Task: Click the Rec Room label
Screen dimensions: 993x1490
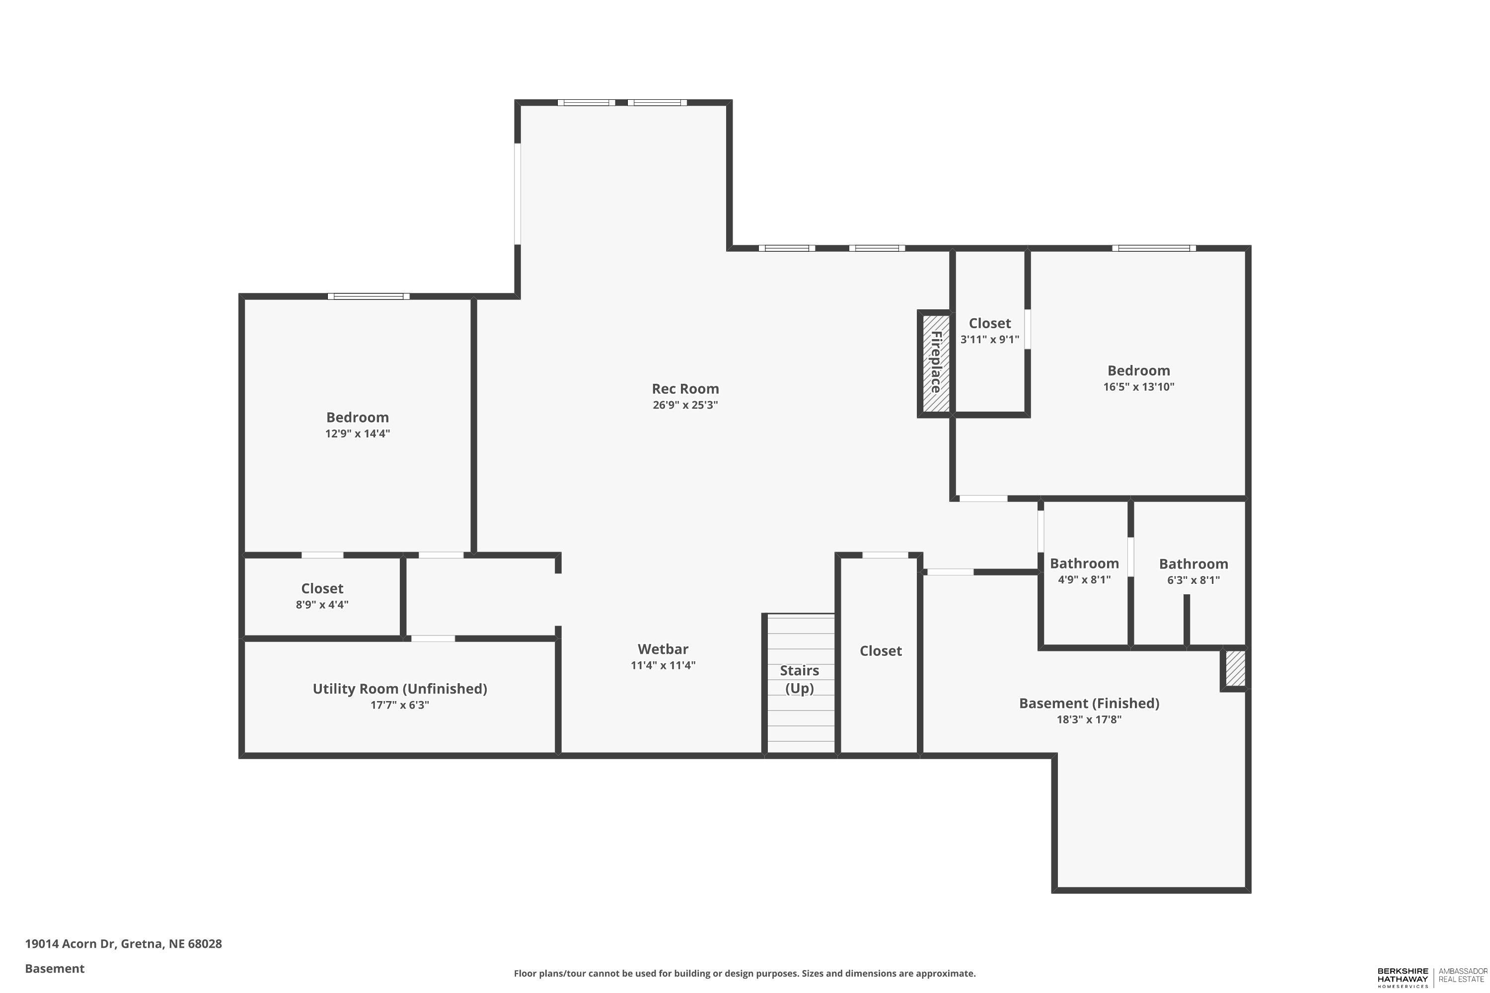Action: [x=685, y=389]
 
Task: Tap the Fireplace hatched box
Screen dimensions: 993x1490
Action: [x=935, y=363]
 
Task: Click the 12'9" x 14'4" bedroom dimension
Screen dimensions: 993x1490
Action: [x=357, y=434]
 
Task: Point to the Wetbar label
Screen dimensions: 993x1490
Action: [x=663, y=649]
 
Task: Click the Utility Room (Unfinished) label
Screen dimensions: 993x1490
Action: [x=400, y=688]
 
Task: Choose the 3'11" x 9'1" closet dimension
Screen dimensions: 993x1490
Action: [x=989, y=340]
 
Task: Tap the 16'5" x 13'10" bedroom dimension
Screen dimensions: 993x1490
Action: [x=1138, y=387]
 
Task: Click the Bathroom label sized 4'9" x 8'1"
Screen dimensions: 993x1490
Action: [x=1084, y=563]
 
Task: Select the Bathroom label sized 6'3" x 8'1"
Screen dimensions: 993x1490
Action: [x=1193, y=564]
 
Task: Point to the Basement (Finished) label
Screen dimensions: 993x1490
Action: [x=1089, y=703]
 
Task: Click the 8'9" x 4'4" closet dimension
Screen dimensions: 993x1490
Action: [x=322, y=605]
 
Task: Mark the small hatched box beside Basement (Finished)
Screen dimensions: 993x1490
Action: [x=1235, y=669]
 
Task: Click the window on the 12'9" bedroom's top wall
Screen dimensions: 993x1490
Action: [x=369, y=296]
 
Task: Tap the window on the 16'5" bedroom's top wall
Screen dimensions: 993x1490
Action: [x=1154, y=248]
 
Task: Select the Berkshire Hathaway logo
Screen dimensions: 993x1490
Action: [x=1402, y=977]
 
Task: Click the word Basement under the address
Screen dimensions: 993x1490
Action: [x=55, y=968]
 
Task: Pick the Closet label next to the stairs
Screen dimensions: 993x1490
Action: [x=880, y=651]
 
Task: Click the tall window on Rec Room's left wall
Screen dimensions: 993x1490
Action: [x=518, y=193]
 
